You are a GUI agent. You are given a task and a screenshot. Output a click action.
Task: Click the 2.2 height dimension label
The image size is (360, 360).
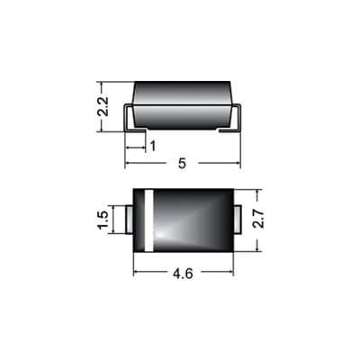pyautogui.click(x=103, y=107)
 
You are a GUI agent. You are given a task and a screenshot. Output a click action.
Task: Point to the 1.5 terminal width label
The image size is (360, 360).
pyautogui.click(x=103, y=219)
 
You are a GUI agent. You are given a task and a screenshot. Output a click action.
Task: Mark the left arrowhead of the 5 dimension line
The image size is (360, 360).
pyautogui.click(x=128, y=164)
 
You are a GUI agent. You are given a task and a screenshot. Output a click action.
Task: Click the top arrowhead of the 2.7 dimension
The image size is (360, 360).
pyautogui.click(x=258, y=193)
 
